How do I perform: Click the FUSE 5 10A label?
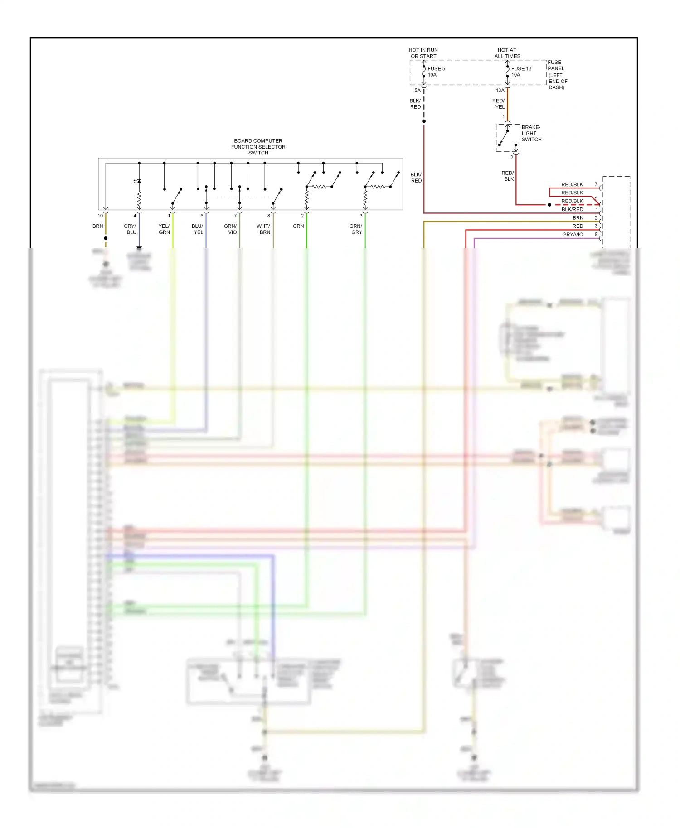pyautogui.click(x=436, y=72)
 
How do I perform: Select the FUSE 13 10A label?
pyautogui.click(x=521, y=72)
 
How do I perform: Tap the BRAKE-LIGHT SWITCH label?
pyautogui.click(x=531, y=133)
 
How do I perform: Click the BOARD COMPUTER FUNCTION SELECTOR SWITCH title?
pyautogui.click(x=258, y=147)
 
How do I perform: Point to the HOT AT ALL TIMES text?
pyautogui.click(x=507, y=53)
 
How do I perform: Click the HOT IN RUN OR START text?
pyautogui.click(x=423, y=53)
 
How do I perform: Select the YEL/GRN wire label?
pyautogui.click(x=164, y=229)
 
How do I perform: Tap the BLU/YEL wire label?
pyautogui.click(x=198, y=229)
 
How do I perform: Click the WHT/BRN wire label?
pyautogui.click(x=263, y=229)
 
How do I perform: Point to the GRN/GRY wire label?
pyautogui.click(x=356, y=229)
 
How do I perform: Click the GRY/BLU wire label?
pyautogui.click(x=130, y=229)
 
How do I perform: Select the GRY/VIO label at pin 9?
pyautogui.click(x=573, y=235)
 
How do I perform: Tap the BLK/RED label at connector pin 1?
pyautogui.click(x=572, y=209)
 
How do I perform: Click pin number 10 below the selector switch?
pyautogui.click(x=100, y=216)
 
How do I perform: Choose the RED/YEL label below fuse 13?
pyautogui.click(x=499, y=104)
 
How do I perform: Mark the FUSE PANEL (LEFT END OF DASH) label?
pyautogui.click(x=557, y=75)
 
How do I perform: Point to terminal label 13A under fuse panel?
pyautogui.click(x=500, y=91)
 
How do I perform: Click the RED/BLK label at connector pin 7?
pyautogui.click(x=572, y=184)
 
